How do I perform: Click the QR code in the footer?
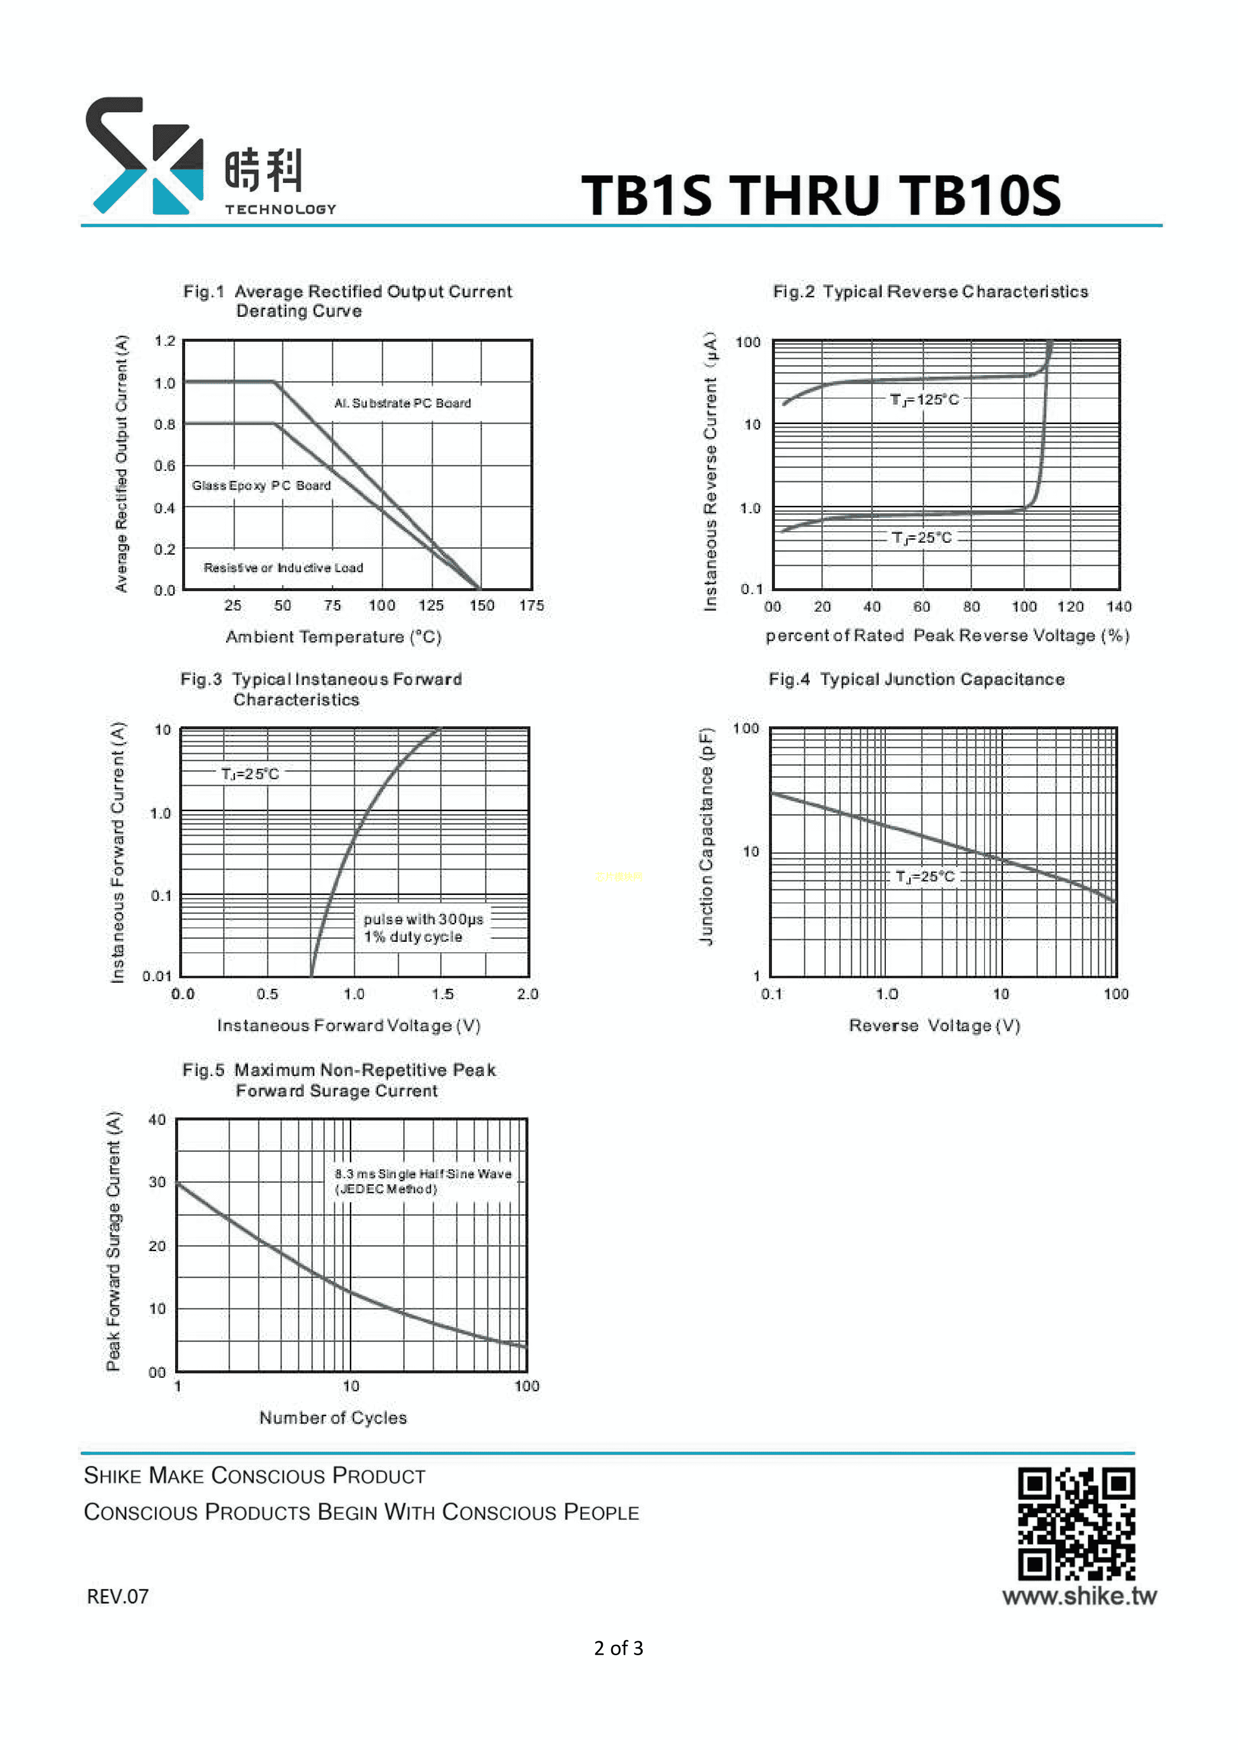1076,1525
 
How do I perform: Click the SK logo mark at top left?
144,156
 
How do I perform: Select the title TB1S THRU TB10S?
820,195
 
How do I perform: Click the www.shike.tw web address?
1079,1595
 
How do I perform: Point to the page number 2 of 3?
618,1648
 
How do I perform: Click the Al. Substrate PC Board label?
403,403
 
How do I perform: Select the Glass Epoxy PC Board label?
260,485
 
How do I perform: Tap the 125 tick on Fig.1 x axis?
431,605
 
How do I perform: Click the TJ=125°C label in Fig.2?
924,400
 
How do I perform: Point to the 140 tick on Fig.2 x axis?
1118,607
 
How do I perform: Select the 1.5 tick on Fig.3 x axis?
442,994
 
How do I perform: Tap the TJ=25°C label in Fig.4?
925,876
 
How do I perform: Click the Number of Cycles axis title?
333,1418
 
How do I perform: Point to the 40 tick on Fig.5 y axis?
157,1119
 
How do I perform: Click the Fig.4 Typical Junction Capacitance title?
916,679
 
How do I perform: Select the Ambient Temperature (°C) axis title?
333,637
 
